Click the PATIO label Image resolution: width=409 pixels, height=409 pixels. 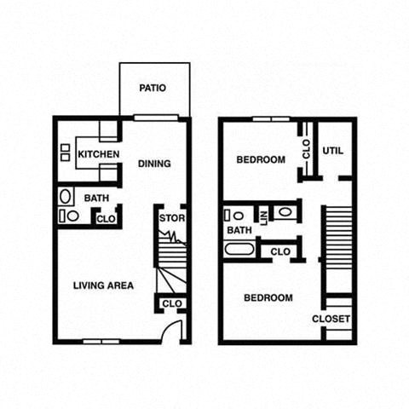[x=153, y=88]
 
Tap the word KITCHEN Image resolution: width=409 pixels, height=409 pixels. [x=98, y=154]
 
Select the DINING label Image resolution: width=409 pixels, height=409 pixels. [x=154, y=164]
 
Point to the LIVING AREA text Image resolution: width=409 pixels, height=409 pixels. [x=103, y=285]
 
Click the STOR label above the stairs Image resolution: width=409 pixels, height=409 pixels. [x=172, y=218]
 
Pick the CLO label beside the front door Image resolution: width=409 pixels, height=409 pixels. [x=172, y=303]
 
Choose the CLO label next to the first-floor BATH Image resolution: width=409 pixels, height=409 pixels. [x=106, y=219]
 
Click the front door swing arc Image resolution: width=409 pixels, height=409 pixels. [x=174, y=331]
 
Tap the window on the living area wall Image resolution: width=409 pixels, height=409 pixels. [x=100, y=342]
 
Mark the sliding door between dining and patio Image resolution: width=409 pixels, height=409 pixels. [x=155, y=118]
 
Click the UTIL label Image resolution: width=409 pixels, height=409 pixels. [x=332, y=151]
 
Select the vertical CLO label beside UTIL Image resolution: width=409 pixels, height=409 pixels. [x=306, y=150]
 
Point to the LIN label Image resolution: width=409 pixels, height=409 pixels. [x=264, y=216]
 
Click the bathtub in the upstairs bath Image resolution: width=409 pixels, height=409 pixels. [x=239, y=251]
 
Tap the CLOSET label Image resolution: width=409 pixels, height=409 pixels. [x=331, y=319]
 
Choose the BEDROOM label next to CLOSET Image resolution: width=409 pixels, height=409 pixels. [x=268, y=298]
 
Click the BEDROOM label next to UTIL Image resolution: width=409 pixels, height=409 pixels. [x=261, y=159]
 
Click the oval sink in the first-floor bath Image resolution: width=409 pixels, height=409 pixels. [x=67, y=197]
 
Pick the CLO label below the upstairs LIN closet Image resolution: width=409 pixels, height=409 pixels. [x=279, y=251]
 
